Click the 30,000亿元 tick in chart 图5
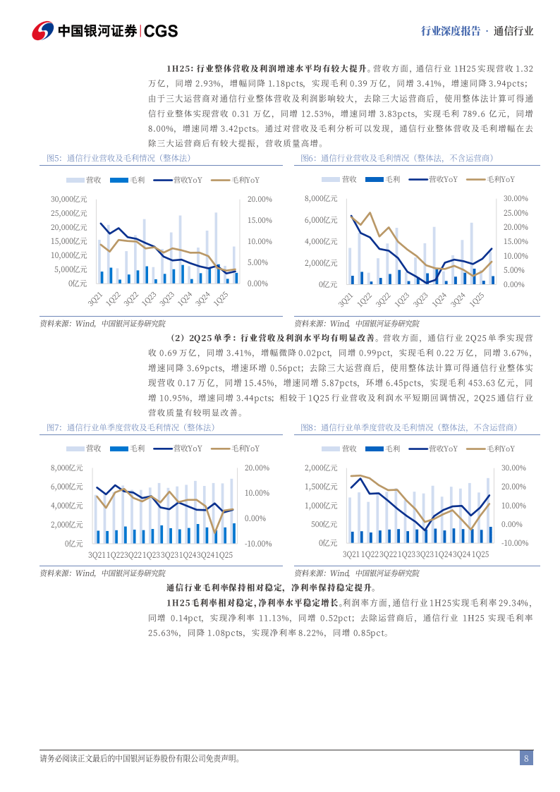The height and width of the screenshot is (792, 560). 69,199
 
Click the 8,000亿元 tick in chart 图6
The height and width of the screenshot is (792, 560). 321,199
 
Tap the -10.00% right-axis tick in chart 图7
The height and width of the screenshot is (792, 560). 257,544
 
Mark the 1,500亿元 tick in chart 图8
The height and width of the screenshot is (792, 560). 321,487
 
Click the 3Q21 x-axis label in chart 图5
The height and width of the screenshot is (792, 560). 93,300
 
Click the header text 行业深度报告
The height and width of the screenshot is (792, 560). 450,31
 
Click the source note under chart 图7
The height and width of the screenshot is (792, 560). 103,573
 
